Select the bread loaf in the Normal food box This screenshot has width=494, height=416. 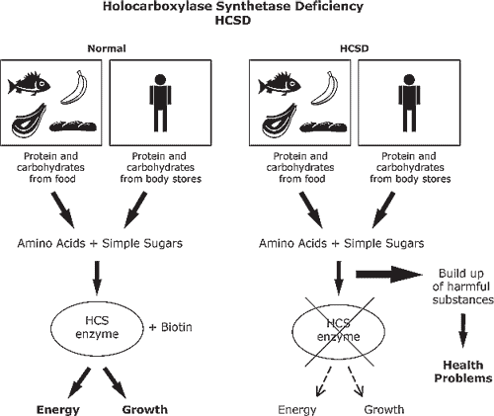[x=73, y=126]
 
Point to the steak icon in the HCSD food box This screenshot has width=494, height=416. [x=280, y=121]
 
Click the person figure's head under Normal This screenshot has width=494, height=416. [x=160, y=80]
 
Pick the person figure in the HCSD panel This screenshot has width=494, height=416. [x=409, y=103]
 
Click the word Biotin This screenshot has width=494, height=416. [x=177, y=327]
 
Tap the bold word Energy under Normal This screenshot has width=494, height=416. [x=58, y=410]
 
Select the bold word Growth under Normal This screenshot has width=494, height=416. [x=145, y=409]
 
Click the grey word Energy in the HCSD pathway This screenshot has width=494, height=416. [x=297, y=410]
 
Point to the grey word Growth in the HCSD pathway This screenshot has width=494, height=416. [x=384, y=409]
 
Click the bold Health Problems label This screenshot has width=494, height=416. [x=463, y=372]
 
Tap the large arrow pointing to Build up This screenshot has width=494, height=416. [x=389, y=274]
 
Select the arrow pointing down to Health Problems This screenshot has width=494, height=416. [x=463, y=330]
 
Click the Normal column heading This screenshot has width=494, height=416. [x=107, y=48]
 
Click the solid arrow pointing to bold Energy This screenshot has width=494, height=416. [x=78, y=383]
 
